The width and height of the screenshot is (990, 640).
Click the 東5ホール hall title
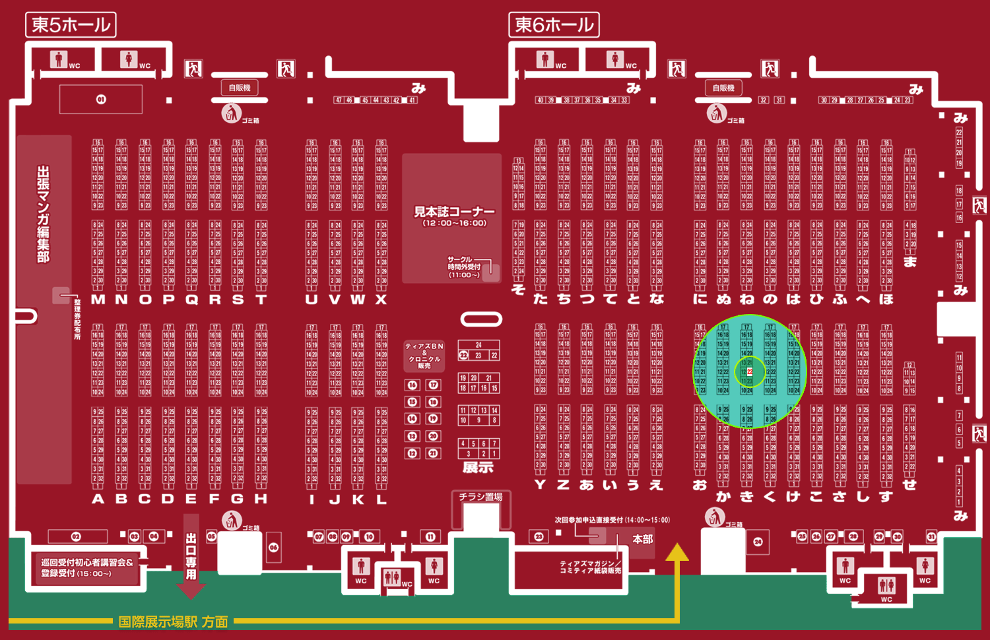click(71, 25)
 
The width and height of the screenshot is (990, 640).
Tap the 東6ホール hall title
click(554, 25)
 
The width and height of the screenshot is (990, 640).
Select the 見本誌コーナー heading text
click(454, 212)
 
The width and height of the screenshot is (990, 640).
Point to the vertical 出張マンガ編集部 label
click(44, 214)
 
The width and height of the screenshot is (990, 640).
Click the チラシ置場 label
click(480, 497)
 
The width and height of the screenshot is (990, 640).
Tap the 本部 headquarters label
click(642, 539)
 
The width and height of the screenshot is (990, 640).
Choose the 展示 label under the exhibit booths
click(478, 468)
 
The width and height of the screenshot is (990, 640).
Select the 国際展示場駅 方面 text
click(173, 622)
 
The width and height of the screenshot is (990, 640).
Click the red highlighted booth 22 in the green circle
click(750, 372)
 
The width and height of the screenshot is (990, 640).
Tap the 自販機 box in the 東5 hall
click(240, 88)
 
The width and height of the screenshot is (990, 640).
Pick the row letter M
click(98, 300)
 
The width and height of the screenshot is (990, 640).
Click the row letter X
click(381, 300)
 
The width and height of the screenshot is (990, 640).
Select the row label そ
click(518, 289)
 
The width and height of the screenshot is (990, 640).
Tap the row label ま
click(910, 262)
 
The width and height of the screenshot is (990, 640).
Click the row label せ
click(909, 485)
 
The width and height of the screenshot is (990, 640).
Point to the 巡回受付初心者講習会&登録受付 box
click(87, 568)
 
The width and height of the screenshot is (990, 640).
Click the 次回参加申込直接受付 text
click(612, 520)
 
